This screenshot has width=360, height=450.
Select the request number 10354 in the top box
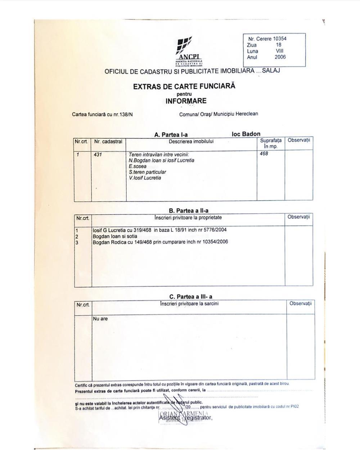280,39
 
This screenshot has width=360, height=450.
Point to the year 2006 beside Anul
280,57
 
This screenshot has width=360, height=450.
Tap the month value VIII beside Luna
279,51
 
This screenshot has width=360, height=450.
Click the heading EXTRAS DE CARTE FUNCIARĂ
184,86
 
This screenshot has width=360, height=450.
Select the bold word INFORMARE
186,101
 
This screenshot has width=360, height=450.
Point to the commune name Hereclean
247,114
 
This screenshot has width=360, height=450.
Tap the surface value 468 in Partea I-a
264,154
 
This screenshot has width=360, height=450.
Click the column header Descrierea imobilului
191,141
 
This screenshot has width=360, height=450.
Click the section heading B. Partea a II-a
189,211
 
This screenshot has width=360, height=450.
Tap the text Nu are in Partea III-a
100,319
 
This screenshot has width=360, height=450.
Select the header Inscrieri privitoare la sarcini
189,303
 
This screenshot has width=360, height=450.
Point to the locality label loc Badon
246,134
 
